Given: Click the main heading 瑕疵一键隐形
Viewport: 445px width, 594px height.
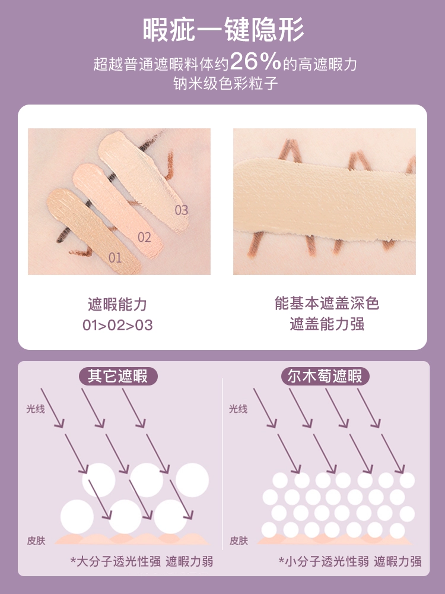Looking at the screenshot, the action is (223, 30).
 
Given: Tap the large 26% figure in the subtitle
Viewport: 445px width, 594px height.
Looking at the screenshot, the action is (255, 61).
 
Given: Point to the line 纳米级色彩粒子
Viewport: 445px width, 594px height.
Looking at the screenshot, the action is (225, 83).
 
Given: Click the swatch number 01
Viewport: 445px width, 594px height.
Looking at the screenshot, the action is (115, 258).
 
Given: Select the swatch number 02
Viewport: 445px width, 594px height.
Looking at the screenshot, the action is (144, 238).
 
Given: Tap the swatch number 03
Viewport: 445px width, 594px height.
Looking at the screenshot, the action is (181, 210).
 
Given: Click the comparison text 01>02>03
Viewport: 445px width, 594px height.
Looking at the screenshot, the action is (117, 325).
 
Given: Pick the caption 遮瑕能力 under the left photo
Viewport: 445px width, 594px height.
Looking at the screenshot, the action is (117, 304).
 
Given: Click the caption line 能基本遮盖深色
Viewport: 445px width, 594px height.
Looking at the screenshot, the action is (327, 304).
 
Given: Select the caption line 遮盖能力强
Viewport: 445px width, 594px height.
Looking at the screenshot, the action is (327, 324).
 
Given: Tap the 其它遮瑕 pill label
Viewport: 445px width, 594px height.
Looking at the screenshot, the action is (117, 376).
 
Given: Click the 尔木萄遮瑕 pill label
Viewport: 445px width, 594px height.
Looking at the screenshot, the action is (325, 376).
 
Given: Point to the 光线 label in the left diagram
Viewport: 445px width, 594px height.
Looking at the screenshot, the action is (36, 409).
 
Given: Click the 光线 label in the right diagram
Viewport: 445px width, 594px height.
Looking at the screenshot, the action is (238, 409).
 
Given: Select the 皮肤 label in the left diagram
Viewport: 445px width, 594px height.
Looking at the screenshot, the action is (36, 541).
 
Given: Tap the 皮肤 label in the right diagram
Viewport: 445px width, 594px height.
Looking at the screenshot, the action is (239, 541).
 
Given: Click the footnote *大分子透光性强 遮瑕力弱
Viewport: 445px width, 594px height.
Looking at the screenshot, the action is (142, 561).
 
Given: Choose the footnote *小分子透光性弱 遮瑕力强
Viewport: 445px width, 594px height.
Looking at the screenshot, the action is (350, 561).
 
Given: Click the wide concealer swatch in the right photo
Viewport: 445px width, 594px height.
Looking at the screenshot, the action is (325, 200).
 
